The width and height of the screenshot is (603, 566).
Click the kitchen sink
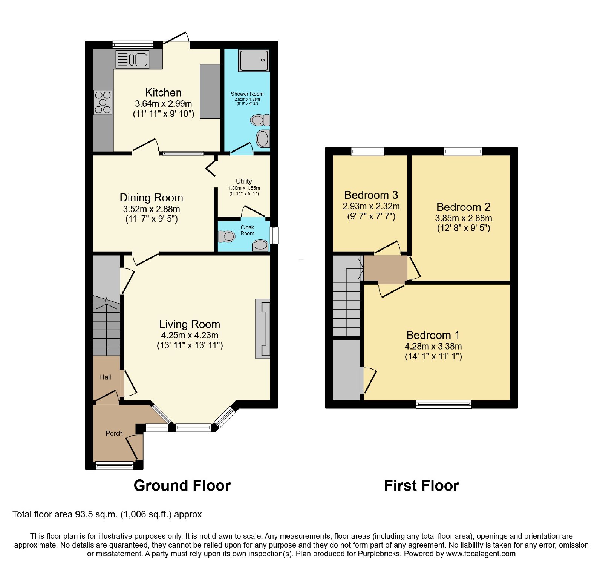132,60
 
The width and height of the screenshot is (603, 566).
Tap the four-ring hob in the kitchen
103,102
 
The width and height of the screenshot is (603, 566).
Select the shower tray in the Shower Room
254,60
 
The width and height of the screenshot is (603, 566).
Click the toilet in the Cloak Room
227,236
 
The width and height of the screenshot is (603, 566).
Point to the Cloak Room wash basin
260,245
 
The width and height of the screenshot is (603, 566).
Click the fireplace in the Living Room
263,329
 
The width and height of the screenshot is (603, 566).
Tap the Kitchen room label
164,92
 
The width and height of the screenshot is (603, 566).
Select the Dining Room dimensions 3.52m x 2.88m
152,209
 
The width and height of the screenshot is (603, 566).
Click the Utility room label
244,181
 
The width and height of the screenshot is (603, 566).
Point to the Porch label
114,433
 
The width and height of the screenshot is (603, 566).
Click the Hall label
106,377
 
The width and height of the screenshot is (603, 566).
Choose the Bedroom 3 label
371,195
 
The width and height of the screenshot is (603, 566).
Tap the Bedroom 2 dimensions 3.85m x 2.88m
464,218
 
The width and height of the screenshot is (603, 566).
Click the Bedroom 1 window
444,405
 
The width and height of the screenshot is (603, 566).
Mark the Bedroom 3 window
368,152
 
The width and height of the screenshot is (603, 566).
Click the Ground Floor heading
182,486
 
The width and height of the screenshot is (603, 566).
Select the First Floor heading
421,486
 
